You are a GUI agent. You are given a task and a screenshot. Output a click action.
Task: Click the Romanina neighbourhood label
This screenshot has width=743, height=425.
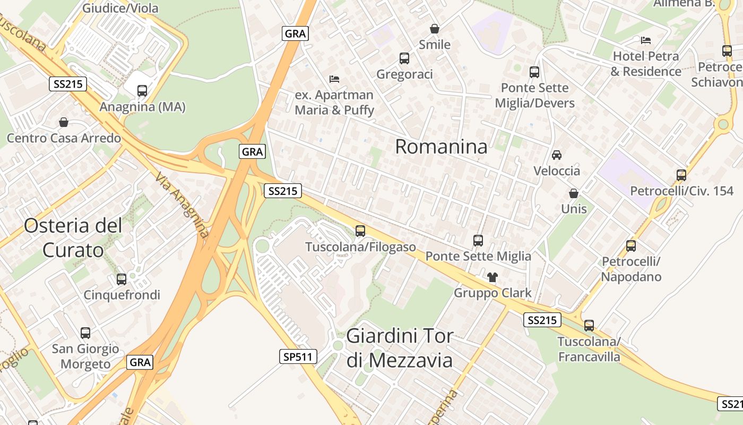pos(441,147)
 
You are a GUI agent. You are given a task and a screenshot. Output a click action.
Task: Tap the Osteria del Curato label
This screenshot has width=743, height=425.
pos(73,237)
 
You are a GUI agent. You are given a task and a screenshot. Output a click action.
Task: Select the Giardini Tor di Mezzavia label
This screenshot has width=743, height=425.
pos(400,348)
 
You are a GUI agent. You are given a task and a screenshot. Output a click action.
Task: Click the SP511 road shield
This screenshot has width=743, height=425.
pos(298,357)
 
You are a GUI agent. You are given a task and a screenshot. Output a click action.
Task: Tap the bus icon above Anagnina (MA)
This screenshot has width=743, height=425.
pos(142,90)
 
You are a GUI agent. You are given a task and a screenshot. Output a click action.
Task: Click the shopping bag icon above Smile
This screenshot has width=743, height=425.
pos(435,28)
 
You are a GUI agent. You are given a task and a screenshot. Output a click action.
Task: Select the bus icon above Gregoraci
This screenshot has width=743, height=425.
pos(404,58)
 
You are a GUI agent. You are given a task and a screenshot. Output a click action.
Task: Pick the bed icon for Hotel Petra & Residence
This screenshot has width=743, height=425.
pos(646,40)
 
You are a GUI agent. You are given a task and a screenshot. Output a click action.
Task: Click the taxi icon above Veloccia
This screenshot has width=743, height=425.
pos(557,155)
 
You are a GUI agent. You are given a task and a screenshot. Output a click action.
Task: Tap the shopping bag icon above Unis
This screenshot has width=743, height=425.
pos(574,193)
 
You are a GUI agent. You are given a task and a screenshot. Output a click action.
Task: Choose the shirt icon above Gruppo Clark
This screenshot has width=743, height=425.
pos(493,277)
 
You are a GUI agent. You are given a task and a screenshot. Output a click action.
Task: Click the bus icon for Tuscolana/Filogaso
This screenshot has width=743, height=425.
pos(360,231)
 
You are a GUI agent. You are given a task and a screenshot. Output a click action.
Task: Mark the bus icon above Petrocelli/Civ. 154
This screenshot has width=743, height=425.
pos(681,175)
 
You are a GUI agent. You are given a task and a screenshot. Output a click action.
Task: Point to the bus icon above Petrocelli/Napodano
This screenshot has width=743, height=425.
pos(631,245)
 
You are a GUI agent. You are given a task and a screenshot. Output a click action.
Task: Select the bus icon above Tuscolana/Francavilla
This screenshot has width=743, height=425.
pos(589,325)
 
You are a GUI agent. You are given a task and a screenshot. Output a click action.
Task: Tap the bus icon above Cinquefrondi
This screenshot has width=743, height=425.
pos(122,279)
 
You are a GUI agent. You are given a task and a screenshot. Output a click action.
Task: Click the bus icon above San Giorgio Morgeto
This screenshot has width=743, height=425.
pos(85,333)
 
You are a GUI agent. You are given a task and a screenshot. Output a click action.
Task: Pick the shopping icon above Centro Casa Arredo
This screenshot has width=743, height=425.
pos(64,122)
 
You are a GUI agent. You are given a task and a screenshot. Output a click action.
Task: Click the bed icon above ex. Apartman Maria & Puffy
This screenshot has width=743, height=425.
pos(334,79)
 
